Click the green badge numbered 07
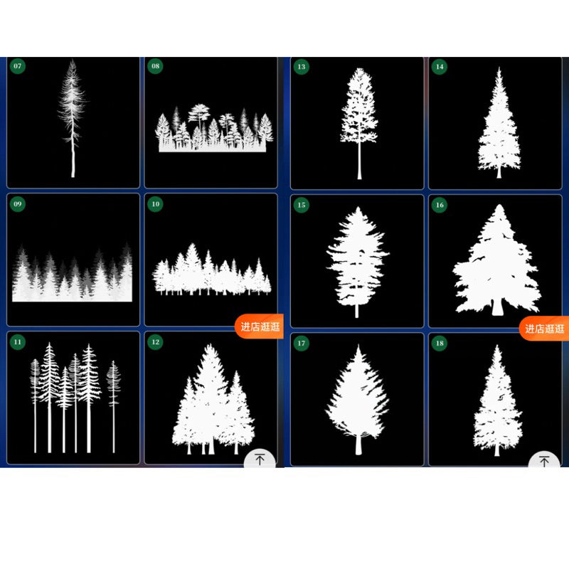pos(17,66)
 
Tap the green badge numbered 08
pos(155,66)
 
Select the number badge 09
pos(17,204)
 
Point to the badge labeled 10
pos(155,204)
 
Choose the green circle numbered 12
pos(155,342)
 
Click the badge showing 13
pos(301,67)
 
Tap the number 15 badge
pos(301,205)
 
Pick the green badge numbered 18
pos(440,343)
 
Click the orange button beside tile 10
pos(259,326)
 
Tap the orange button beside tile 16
pos(543,329)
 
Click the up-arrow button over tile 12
pos(260,459)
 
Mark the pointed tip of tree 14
pos(499,68)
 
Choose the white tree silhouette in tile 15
pos(358,262)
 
